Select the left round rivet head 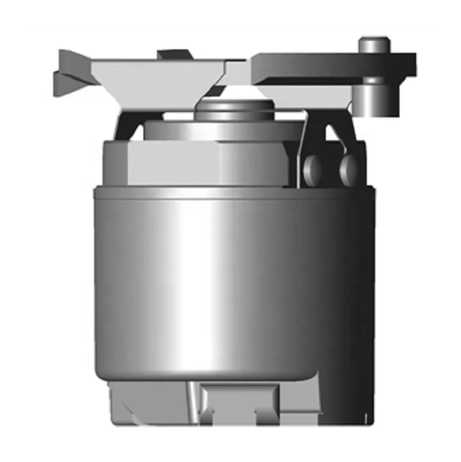click(x=313, y=168)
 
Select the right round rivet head click(x=348, y=167)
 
